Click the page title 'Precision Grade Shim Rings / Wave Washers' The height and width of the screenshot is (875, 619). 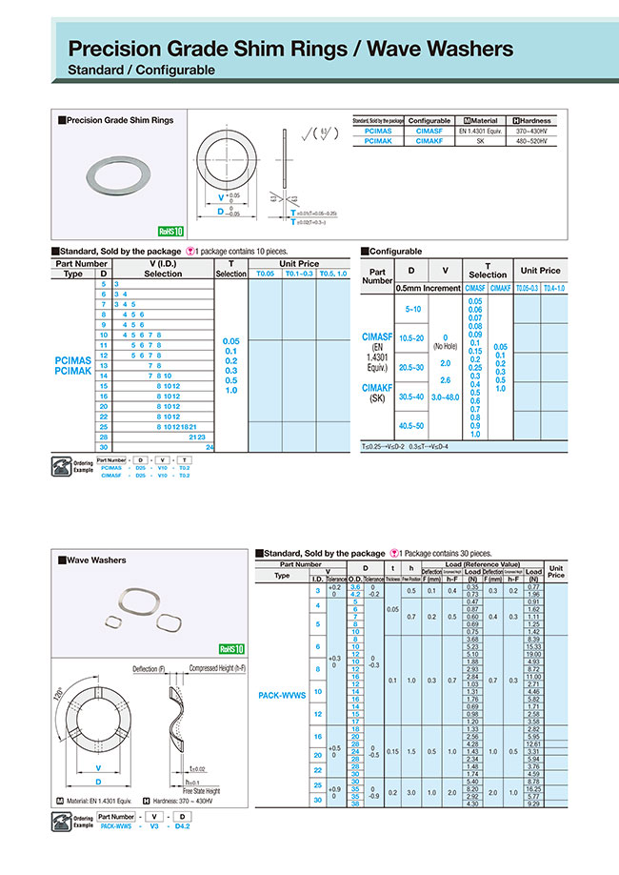pyautogui.click(x=290, y=50)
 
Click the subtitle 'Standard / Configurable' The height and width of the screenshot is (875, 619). pyautogui.click(x=141, y=71)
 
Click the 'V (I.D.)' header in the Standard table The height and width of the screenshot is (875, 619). pyautogui.click(x=163, y=263)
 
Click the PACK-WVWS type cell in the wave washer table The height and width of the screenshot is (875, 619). pyautogui.click(x=282, y=695)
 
